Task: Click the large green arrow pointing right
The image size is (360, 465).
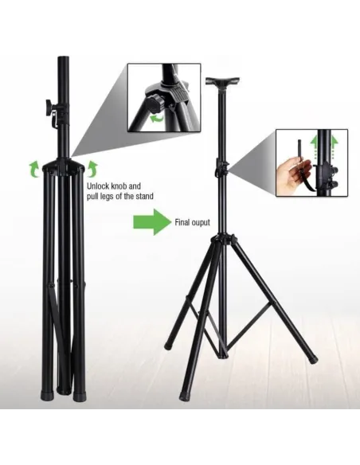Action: click(151, 222)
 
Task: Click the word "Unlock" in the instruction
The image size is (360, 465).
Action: click(97, 186)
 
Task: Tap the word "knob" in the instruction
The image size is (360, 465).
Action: click(119, 186)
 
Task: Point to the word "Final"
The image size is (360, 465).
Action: click(181, 222)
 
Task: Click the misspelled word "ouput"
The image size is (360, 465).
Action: click(200, 223)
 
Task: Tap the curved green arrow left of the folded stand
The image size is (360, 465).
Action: click(33, 168)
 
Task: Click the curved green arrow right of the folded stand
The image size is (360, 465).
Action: click(93, 168)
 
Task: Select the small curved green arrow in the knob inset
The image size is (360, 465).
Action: click(158, 119)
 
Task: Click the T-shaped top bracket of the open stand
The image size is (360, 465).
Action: click(222, 81)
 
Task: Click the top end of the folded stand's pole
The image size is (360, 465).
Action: click(64, 58)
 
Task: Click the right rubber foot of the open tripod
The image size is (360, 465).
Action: click(313, 360)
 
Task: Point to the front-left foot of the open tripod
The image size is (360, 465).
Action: click(184, 397)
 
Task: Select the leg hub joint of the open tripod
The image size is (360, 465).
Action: click(222, 240)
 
